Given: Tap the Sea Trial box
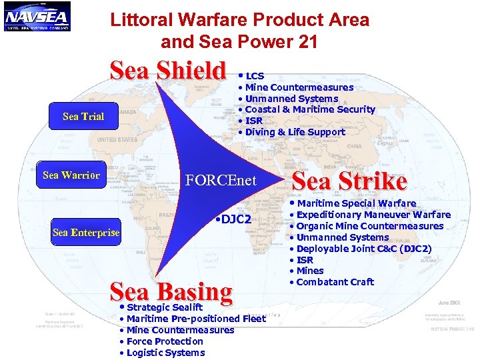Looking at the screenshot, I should click(83, 117).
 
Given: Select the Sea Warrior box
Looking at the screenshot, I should click(71, 175).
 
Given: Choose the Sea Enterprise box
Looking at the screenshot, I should click(86, 233).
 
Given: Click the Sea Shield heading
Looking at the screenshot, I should click(168, 71).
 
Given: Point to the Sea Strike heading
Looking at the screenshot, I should click(349, 181).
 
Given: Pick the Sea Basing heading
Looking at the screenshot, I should click(171, 291).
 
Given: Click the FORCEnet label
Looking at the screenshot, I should click(221, 181).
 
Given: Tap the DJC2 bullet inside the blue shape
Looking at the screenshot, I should click(233, 220).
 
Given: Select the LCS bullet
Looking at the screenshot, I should click(254, 77).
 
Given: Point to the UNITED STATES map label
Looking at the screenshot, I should click(117, 140).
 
